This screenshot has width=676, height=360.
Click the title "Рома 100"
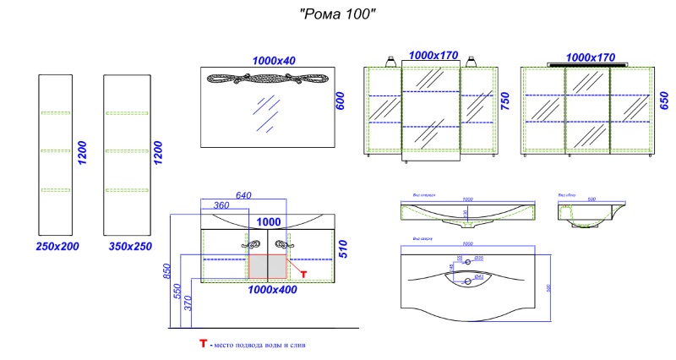tap(338, 14)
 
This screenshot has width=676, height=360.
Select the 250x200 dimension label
tap(57, 247)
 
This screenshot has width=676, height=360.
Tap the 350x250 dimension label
tap(130, 247)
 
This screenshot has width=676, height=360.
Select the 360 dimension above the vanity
tap(222, 207)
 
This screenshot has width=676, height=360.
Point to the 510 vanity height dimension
tap(343, 248)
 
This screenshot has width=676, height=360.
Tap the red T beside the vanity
tap(303, 274)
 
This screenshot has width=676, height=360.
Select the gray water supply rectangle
tap(269, 266)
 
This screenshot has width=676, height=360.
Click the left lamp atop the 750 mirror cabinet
tap(393, 62)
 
